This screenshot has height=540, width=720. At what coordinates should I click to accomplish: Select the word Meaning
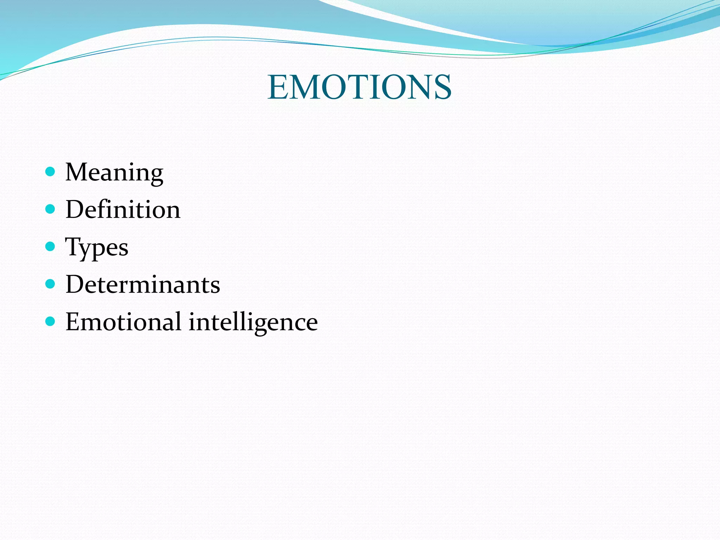tap(114, 173)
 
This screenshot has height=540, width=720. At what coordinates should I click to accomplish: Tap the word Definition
tap(123, 210)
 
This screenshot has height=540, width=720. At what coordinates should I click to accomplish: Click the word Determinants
tap(143, 284)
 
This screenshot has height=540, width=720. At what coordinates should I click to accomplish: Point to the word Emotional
tap(123, 322)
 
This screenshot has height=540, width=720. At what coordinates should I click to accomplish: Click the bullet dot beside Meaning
tap(51, 172)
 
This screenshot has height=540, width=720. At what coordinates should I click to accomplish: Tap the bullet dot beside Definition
tap(51, 209)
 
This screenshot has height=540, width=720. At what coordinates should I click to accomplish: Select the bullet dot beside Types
tap(51, 246)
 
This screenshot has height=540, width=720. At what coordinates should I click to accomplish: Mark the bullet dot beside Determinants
tap(51, 284)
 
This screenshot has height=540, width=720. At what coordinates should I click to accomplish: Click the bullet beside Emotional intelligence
tap(51, 321)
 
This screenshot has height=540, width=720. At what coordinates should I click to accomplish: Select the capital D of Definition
tap(75, 210)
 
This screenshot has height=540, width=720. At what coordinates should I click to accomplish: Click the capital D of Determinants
tap(75, 284)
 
